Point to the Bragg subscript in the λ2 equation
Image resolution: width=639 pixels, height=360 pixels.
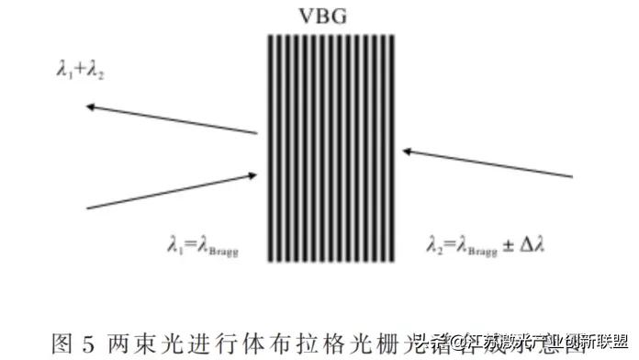tap(482, 248)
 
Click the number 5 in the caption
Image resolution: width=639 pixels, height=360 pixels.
tap(88, 345)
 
